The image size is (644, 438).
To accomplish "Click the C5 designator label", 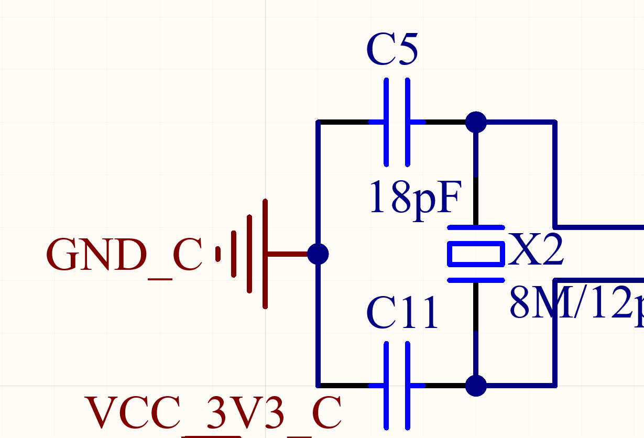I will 392,50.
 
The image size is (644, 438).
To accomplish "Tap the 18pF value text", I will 416,198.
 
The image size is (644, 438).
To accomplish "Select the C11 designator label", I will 402,313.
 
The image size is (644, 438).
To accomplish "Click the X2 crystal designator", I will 536,250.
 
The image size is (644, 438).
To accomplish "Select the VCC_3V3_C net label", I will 213,413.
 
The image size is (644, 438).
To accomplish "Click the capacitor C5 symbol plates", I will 397,122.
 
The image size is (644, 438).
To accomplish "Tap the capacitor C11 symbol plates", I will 397,386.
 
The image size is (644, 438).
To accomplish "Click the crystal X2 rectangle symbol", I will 476,254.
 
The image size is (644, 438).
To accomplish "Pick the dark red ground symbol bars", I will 249,254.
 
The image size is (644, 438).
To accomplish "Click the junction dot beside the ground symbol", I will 318,254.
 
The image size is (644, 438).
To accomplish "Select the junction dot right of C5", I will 476,122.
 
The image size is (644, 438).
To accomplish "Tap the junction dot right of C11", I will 476,386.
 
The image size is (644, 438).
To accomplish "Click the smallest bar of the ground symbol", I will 218,254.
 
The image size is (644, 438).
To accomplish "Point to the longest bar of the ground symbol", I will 265,254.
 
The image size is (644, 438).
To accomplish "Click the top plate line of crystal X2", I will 476,227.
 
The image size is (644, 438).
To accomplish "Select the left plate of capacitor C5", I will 387,122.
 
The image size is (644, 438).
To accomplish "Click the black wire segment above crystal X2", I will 476,202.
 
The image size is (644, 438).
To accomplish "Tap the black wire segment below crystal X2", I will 476,306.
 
